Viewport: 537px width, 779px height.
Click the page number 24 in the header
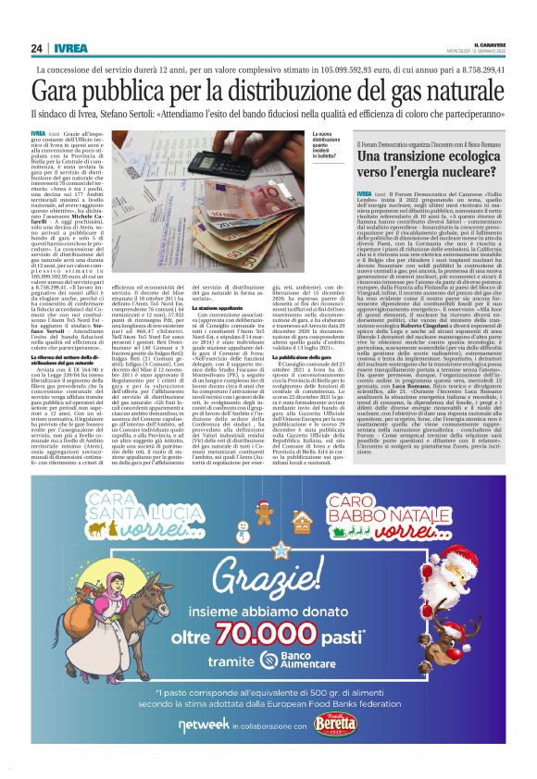[37, 49]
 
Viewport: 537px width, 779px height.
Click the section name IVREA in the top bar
[68, 49]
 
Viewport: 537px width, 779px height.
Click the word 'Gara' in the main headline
[64, 91]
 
